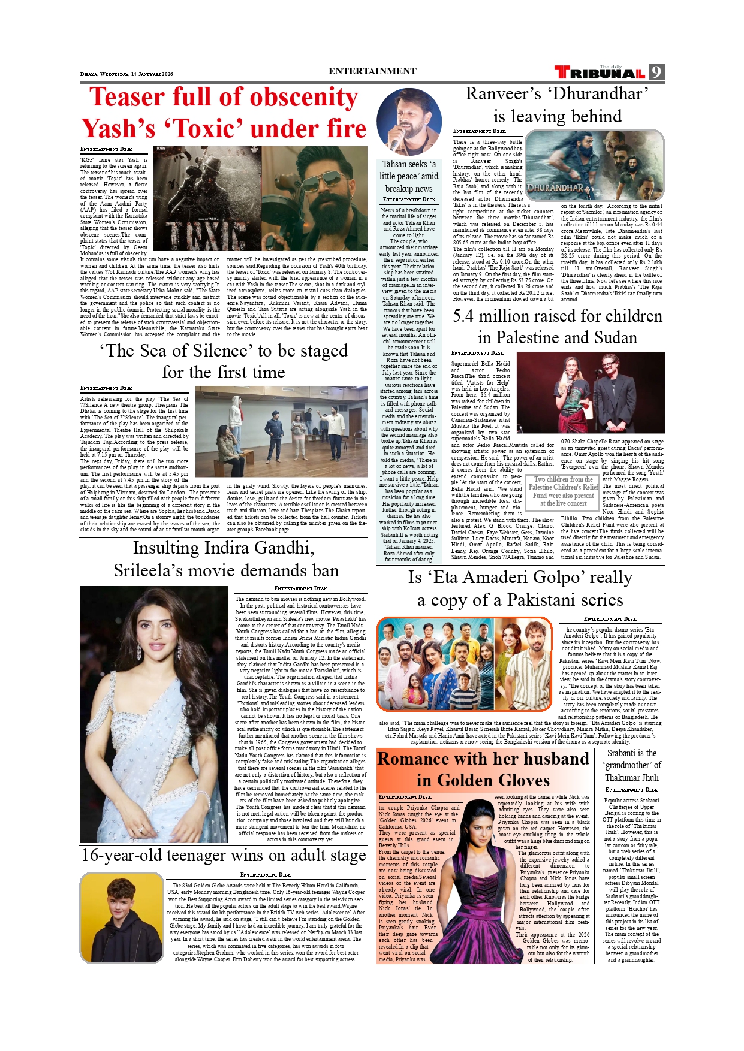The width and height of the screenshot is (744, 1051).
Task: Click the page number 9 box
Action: pyautogui.click(x=656, y=73)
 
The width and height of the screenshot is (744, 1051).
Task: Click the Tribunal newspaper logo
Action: pyautogui.click(x=600, y=73)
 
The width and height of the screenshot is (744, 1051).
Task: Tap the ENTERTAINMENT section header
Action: pyautogui.click(x=372, y=71)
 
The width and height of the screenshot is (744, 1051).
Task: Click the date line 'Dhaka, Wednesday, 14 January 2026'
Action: pyautogui.click(x=126, y=74)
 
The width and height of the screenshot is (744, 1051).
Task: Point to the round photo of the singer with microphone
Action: pyautogui.click(x=409, y=122)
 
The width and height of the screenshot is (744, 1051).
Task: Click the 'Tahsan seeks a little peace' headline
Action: pyautogui.click(x=409, y=176)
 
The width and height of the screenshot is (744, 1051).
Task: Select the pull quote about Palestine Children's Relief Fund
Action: pyautogui.click(x=563, y=491)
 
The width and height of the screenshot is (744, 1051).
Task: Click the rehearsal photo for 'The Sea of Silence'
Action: pyautogui.click(x=281, y=431)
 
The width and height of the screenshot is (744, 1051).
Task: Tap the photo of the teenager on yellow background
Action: pyautogui.click(x=122, y=917)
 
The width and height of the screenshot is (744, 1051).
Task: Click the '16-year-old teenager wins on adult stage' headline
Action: pyautogui.click(x=223, y=856)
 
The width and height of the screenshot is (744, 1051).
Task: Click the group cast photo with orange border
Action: pyautogui.click(x=464, y=664)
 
